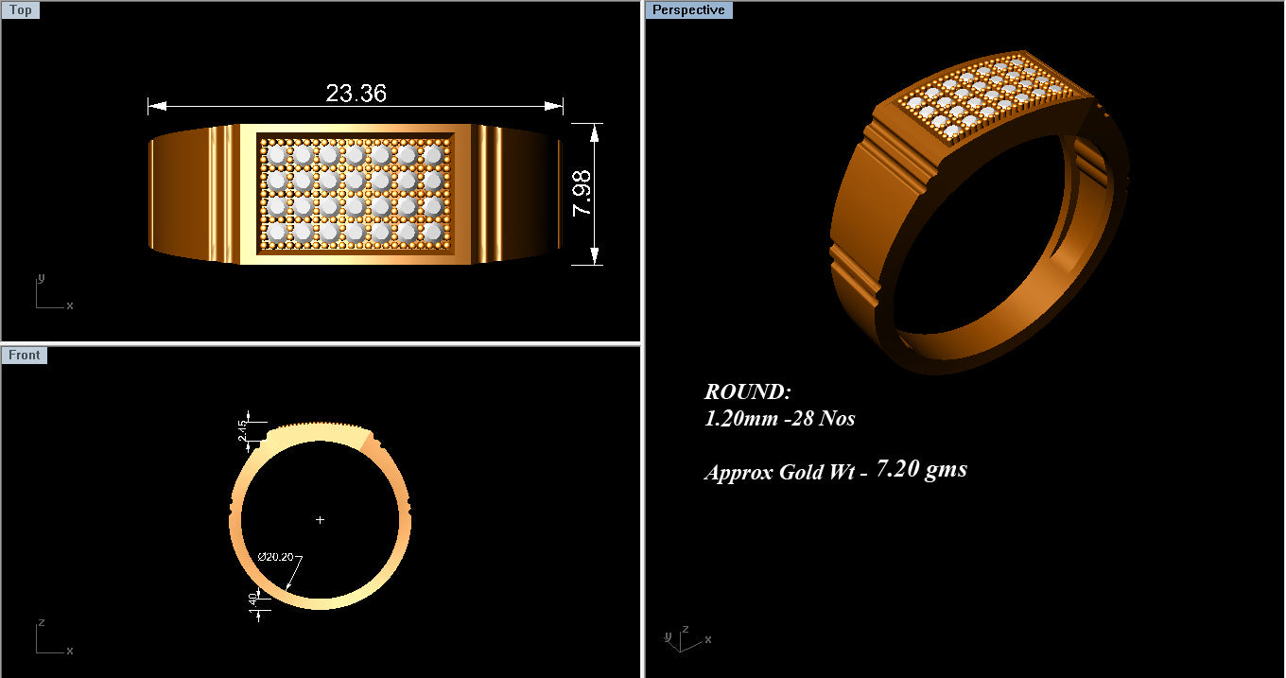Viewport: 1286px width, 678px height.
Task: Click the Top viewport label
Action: click(x=20, y=10)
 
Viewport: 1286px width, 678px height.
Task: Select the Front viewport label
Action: click(x=25, y=356)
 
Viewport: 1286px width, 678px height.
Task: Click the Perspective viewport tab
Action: click(x=688, y=10)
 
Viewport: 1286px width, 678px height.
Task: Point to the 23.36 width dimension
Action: click(x=356, y=94)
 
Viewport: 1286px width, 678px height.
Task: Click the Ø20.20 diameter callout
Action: click(x=275, y=556)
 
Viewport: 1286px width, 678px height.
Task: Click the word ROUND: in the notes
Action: click(x=747, y=392)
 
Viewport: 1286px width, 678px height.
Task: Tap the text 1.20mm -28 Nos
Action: click(x=779, y=418)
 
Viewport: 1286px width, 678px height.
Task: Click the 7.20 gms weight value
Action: click(x=921, y=469)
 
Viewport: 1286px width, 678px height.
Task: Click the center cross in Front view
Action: click(x=320, y=520)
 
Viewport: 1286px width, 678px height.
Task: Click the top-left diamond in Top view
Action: click(x=276, y=153)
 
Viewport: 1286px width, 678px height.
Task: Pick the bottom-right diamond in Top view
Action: click(x=433, y=231)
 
